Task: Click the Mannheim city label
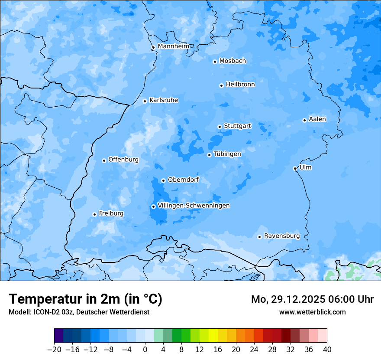(x=173, y=46)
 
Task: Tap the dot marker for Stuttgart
(x=220, y=127)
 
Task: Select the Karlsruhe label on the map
(x=163, y=100)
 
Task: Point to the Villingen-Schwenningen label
(x=194, y=206)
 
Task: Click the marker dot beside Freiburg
(x=94, y=214)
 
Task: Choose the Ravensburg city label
(x=282, y=236)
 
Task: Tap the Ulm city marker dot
(x=295, y=168)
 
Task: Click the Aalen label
(x=317, y=119)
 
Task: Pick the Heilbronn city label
(x=240, y=85)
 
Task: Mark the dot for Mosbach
(x=215, y=62)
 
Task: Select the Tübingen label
(x=227, y=154)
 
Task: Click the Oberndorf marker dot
(x=163, y=180)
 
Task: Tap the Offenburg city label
(x=123, y=160)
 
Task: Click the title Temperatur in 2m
(x=85, y=299)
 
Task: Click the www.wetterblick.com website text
(x=312, y=312)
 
